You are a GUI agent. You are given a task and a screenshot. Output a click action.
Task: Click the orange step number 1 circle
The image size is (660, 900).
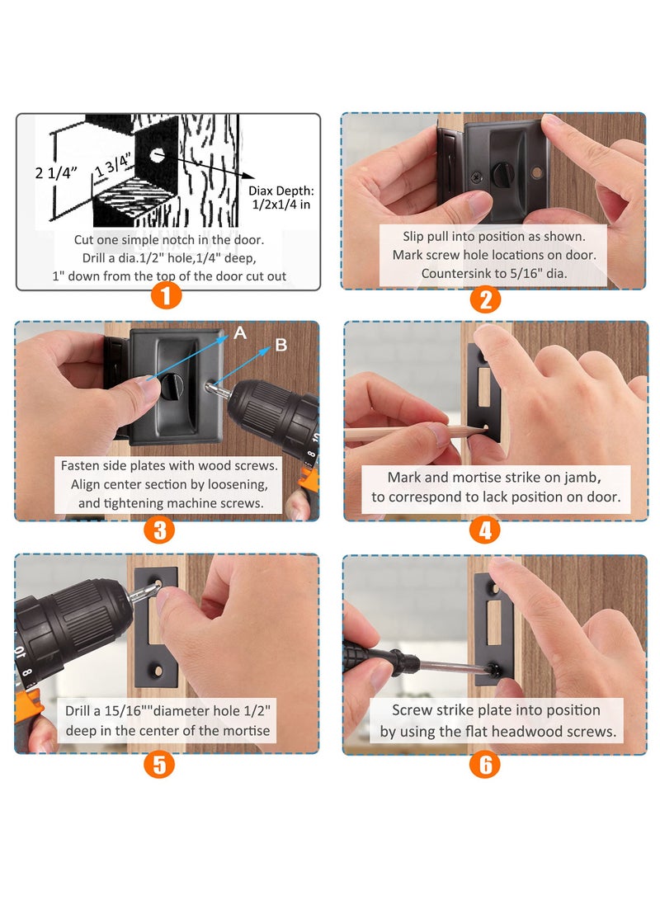pos(167,295)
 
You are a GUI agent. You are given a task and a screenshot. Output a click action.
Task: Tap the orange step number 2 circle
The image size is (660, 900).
pos(485,298)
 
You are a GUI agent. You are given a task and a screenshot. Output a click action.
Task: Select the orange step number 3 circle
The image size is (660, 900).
pos(160,529)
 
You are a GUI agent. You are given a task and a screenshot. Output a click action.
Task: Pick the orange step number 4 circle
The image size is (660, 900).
pos(485,530)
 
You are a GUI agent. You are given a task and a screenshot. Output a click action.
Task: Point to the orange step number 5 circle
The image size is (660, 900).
pos(159,763)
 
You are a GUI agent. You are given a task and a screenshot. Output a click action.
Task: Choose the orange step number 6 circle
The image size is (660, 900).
pos(485,764)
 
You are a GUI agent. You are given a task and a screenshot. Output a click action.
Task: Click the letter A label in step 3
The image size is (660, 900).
pos(240,332)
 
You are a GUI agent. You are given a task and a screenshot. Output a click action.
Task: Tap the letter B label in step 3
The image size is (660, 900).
pos(281,345)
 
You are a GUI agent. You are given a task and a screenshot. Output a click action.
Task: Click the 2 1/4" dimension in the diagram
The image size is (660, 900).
pos(56,172)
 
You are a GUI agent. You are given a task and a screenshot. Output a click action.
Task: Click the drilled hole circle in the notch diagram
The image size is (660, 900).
pos(156,153)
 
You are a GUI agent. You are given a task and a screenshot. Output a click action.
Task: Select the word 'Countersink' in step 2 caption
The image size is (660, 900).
pos(455,273)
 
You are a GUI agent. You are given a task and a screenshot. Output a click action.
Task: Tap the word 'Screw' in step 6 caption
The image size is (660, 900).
pos(409,710)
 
